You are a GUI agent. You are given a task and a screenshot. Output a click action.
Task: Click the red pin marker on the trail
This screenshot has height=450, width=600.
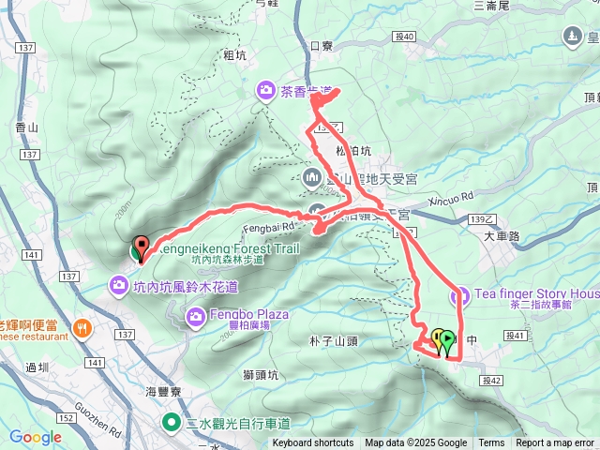141,246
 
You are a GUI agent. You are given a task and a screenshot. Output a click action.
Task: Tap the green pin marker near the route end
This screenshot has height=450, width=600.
446,340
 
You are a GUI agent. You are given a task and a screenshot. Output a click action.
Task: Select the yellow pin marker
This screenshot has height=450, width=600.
437,338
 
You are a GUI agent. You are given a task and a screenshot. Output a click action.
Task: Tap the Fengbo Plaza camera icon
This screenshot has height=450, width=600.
196,314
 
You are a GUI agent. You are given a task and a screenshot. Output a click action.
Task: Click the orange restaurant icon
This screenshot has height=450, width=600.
82,328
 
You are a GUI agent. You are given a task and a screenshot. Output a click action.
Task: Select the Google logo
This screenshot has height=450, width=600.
35,437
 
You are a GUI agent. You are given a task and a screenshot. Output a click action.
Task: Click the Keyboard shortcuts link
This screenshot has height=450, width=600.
313,443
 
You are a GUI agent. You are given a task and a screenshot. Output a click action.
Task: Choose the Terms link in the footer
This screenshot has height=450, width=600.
491,443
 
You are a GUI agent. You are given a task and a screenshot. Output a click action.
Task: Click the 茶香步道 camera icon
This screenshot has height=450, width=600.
266,90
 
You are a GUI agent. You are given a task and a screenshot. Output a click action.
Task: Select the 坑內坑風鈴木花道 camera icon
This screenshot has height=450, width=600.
120,283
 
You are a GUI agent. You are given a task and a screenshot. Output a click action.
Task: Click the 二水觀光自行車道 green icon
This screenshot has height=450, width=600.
172,422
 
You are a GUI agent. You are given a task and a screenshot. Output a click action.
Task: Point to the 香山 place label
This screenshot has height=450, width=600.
26,127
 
